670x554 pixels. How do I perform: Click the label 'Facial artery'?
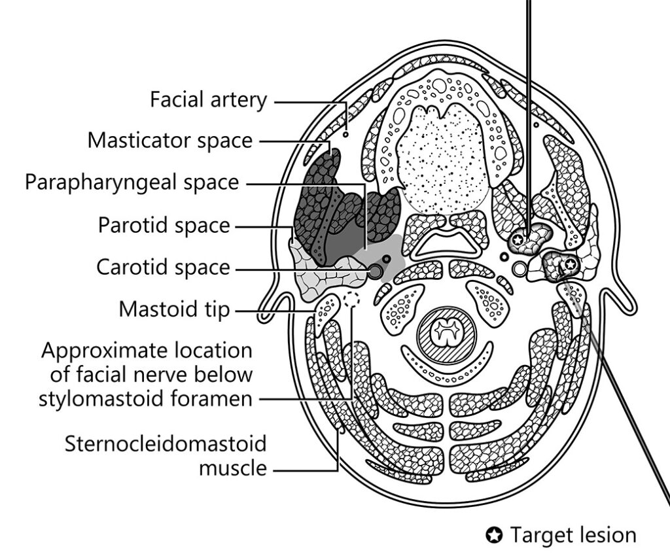pos(209,100)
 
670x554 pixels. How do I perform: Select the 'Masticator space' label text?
pos(170,140)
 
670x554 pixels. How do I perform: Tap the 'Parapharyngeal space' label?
pos(132,182)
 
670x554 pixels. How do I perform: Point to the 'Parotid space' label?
pos(164,225)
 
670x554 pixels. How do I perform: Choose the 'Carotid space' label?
pos(164,267)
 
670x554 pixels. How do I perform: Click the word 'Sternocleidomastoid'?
pos(166,444)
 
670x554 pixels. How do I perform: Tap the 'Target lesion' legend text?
pos(573,535)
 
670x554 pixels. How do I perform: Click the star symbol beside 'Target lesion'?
pos(494,536)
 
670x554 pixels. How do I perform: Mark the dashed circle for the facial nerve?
pos(351,300)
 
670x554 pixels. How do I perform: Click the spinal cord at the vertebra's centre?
pos(447,332)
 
